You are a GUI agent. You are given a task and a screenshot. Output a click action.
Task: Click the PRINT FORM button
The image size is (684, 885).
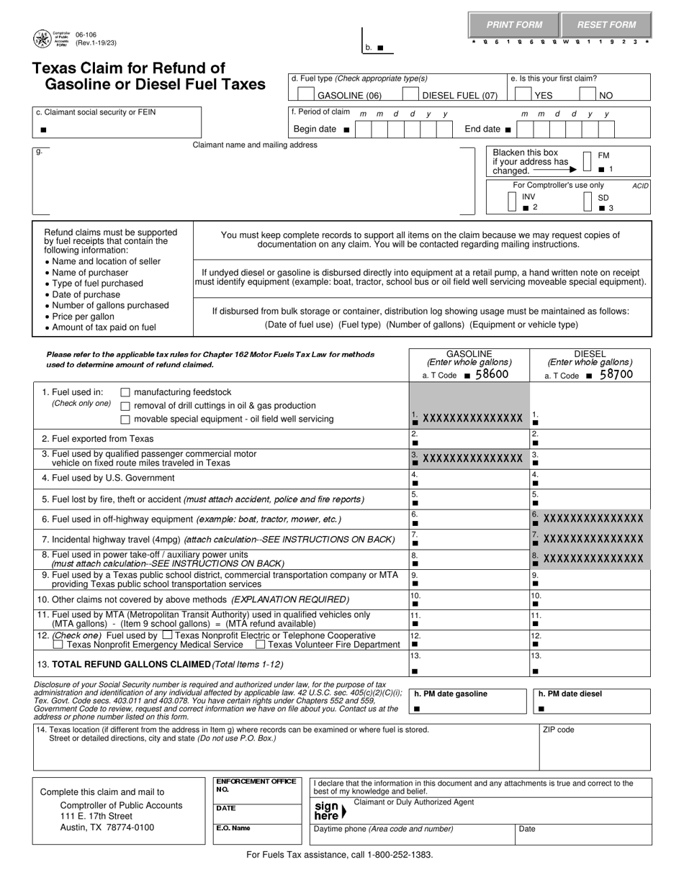click(x=514, y=25)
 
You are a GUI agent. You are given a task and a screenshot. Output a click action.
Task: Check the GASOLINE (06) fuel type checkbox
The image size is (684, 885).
click(x=305, y=94)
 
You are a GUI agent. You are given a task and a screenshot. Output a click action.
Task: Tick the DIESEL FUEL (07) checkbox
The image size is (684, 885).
click(x=410, y=94)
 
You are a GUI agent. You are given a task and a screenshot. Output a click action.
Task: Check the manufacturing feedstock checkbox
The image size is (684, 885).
click(x=125, y=393)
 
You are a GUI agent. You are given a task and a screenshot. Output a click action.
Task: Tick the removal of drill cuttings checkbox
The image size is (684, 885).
click(x=125, y=406)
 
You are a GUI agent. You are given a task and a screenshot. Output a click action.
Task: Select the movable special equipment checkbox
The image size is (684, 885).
click(x=125, y=419)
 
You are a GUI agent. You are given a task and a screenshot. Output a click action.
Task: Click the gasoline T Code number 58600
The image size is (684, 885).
click(x=492, y=374)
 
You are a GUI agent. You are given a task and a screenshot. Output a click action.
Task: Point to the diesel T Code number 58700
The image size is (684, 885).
click(x=616, y=374)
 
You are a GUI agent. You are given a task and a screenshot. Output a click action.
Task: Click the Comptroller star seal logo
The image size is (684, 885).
click(x=42, y=39)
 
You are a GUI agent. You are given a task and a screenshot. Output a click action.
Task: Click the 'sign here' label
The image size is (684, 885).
click(x=328, y=811)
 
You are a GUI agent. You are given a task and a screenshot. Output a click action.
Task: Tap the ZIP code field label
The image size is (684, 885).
click(x=558, y=730)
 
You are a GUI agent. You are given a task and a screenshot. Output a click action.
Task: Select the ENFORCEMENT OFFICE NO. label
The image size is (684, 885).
click(x=246, y=785)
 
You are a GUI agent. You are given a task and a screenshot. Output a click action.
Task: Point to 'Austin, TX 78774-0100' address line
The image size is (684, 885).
click(x=107, y=827)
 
